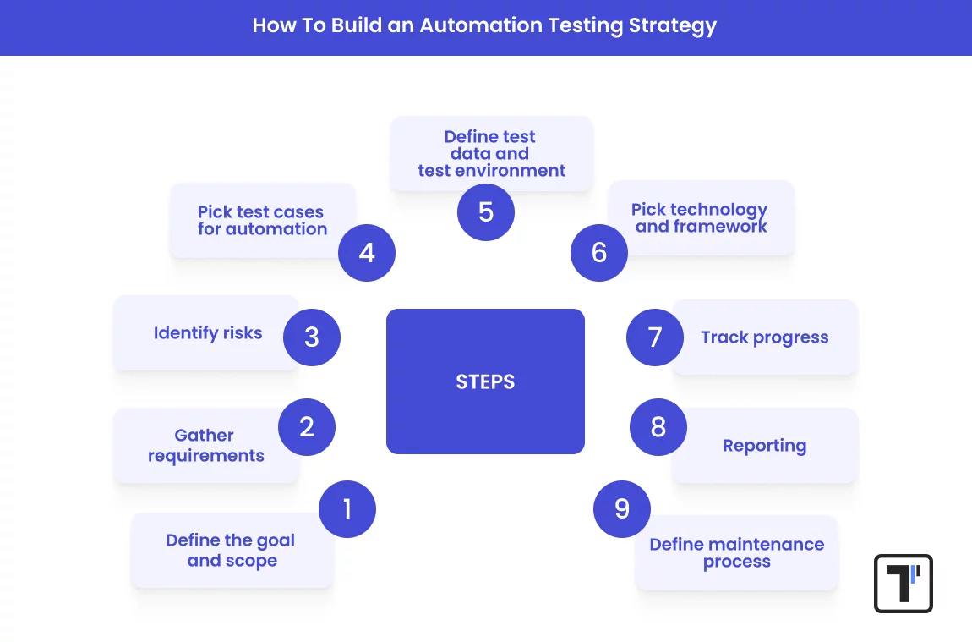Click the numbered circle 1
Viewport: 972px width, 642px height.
(347, 509)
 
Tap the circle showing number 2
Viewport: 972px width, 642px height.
(307, 426)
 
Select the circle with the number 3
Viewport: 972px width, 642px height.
(312, 337)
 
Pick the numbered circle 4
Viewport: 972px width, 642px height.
(367, 252)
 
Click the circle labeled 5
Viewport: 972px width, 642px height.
(486, 211)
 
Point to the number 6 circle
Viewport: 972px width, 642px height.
(599, 252)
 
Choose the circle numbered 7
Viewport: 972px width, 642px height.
(655, 337)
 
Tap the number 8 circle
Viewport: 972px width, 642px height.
(658, 426)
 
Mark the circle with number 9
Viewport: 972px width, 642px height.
(622, 509)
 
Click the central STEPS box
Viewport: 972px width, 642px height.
(485, 381)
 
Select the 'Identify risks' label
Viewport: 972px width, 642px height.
(208, 333)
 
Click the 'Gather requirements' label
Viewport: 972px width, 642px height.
(205, 446)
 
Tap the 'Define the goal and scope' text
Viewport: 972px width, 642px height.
(231, 551)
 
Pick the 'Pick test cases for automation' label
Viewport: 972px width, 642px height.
(262, 220)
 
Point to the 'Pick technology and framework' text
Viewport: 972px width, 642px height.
(701, 218)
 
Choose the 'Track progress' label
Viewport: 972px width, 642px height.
(764, 337)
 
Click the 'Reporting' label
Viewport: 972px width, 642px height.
(764, 446)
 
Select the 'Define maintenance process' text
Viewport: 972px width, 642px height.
(736, 553)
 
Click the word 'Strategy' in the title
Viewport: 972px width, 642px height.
(673, 25)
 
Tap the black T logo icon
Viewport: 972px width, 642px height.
(903, 583)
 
